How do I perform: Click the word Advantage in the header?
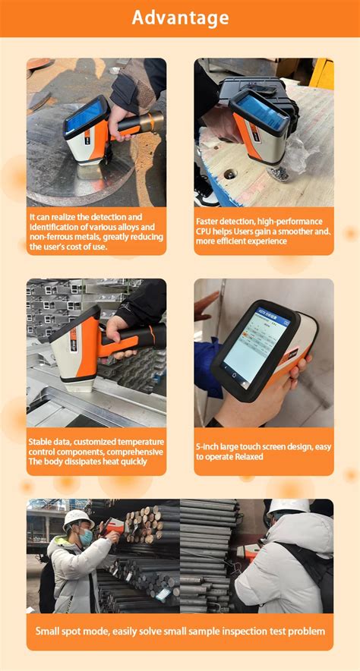pos(180,17)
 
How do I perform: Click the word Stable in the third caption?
pos(41,442)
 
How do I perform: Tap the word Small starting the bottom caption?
pos(50,632)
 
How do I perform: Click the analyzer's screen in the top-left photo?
pos(83,118)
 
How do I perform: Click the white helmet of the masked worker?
pos(77,518)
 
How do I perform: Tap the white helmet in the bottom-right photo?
pos(289,507)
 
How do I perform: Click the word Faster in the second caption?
pos(210,221)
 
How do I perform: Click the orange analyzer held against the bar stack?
pos(112,525)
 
